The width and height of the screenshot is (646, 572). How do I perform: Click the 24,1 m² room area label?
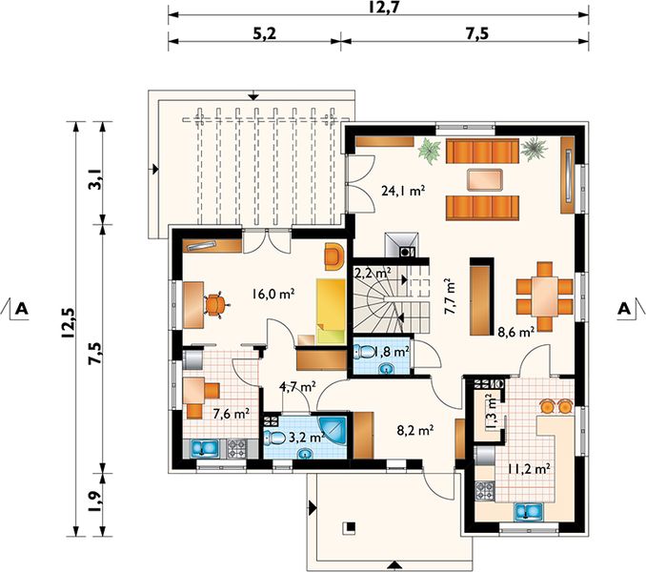tap(403, 192)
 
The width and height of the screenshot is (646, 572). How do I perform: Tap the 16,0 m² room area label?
tap(273, 294)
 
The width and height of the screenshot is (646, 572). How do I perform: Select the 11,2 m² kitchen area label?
tap(529, 468)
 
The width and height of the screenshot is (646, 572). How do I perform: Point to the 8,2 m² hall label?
tap(415, 431)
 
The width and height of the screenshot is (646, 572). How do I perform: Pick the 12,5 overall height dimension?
tap(69, 323)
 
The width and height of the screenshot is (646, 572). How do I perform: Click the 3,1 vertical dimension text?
tap(95, 179)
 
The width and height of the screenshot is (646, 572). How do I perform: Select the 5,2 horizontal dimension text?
tap(265, 33)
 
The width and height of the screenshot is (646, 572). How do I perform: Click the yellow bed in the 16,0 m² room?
tap(331, 312)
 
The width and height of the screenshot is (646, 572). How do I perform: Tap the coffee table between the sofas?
tap(484, 180)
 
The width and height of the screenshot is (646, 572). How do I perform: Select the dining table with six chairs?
tap(545, 295)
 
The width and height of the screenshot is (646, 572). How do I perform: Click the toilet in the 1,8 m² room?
tap(364, 352)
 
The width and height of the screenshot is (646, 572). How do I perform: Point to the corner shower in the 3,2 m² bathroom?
tap(333, 431)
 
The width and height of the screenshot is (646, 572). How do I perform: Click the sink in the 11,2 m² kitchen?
tap(530, 511)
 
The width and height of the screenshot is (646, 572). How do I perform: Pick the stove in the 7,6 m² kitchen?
tap(237, 448)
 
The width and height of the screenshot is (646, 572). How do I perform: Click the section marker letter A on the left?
tap(21, 308)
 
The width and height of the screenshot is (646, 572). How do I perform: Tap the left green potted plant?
tap(430, 151)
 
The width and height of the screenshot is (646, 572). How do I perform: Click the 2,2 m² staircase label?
tap(373, 273)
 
